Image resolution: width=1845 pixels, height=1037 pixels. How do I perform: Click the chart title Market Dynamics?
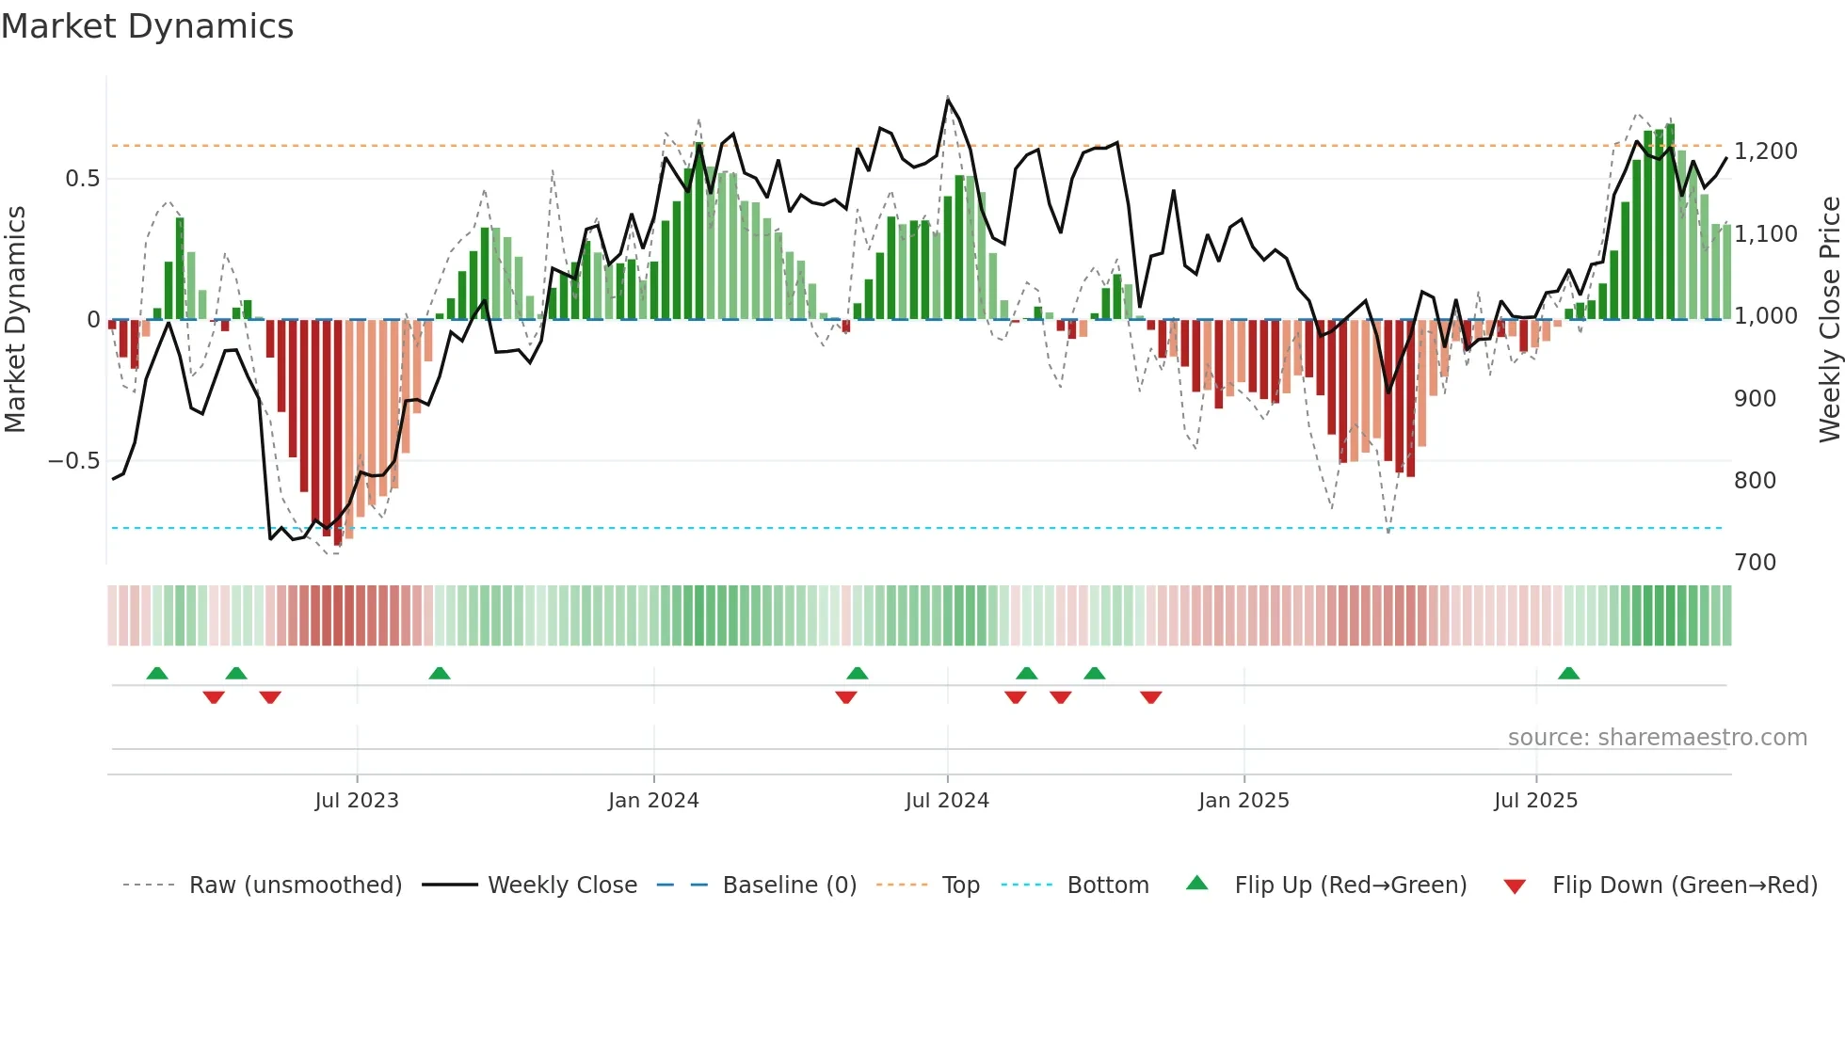pyautogui.click(x=147, y=26)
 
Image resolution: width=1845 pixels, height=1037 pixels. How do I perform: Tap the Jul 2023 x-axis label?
pyautogui.click(x=357, y=801)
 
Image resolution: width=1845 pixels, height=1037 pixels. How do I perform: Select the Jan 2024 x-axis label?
pyautogui.click(x=653, y=801)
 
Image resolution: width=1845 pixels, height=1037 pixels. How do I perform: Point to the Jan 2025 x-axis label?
pyautogui.click(x=1243, y=801)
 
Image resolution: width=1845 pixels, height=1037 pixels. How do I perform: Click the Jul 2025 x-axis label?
pyautogui.click(x=1535, y=801)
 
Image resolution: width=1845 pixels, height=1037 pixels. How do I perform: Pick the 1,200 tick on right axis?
pyautogui.click(x=1765, y=152)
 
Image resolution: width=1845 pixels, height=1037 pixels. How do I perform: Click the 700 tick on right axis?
pyautogui.click(x=1755, y=563)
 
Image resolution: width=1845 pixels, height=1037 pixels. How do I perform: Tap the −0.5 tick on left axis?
pyautogui.click(x=73, y=461)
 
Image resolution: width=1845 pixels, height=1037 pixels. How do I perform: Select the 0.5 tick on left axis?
pyautogui.click(x=82, y=179)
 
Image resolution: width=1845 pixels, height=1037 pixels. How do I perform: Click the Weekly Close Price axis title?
pyautogui.click(x=1829, y=320)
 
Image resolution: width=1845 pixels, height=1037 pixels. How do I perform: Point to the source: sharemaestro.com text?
pyautogui.click(x=1657, y=738)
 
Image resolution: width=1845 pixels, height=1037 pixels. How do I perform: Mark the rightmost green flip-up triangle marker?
pyautogui.click(x=1568, y=674)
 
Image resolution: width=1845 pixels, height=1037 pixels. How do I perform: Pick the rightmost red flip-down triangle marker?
pyautogui.click(x=1150, y=697)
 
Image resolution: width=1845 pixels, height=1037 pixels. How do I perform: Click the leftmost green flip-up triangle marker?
pyautogui.click(x=157, y=674)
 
